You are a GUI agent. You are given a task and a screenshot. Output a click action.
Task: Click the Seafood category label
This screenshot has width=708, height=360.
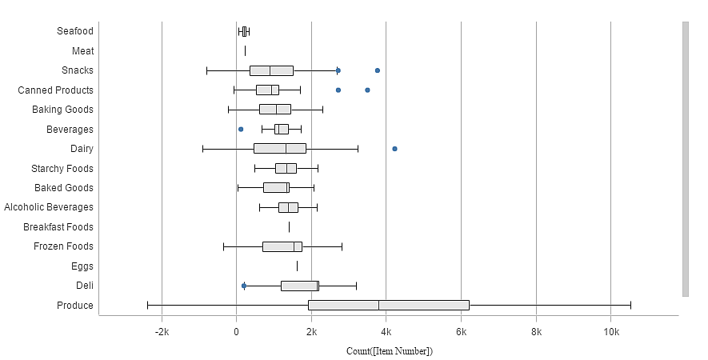point(75,31)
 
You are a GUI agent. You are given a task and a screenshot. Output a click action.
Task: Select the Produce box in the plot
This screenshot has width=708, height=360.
point(388,305)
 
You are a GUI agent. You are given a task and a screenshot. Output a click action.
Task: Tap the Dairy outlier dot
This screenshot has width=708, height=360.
point(394,149)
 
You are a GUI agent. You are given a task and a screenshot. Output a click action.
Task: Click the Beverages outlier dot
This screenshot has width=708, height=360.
point(240,129)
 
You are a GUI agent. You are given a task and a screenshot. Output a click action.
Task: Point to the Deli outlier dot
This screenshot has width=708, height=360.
point(244,286)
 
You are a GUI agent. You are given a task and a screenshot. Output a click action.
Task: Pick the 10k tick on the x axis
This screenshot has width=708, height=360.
point(610,332)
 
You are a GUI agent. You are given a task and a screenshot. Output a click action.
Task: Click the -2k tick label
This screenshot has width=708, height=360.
point(162,332)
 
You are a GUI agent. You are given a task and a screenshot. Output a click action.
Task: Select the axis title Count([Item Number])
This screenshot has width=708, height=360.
point(389,351)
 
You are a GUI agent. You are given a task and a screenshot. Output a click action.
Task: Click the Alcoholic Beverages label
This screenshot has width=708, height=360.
point(49,207)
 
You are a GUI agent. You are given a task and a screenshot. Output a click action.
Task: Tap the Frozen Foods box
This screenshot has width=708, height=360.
point(282,246)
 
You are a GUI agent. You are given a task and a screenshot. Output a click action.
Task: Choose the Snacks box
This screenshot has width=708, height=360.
point(271,70)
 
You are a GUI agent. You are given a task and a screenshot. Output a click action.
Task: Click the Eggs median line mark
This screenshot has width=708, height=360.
point(297,266)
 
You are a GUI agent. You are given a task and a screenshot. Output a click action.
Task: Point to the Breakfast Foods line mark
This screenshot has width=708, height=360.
point(289,227)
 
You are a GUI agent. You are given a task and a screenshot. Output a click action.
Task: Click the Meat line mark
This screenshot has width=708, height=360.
point(245,51)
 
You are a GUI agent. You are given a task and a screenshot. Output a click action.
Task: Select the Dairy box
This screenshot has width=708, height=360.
point(279,149)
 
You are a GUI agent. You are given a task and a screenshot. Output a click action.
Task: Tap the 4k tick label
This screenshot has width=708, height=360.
point(386,332)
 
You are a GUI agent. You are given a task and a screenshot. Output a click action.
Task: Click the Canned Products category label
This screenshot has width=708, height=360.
point(55,90)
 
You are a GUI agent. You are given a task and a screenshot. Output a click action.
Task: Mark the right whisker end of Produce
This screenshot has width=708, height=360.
point(630,305)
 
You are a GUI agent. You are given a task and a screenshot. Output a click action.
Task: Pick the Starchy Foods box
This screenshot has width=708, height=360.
point(286,168)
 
